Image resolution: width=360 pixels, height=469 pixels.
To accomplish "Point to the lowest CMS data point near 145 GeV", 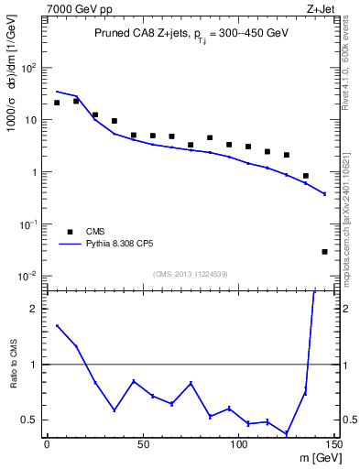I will pyautogui.click(x=324, y=251).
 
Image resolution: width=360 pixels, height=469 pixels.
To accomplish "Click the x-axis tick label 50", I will pyautogui.click(x=142, y=445).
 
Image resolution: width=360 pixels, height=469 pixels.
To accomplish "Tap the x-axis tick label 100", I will pyautogui.click(x=238, y=445).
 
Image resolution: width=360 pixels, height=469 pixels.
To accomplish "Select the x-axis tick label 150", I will pyautogui.click(x=333, y=445).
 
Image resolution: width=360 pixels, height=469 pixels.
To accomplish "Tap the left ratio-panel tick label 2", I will pyautogui.click(x=34, y=309).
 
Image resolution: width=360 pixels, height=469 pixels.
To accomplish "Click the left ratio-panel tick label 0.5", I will pyautogui.click(x=29, y=420).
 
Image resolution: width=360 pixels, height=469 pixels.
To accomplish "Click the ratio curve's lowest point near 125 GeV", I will pyautogui.click(x=286, y=433).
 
